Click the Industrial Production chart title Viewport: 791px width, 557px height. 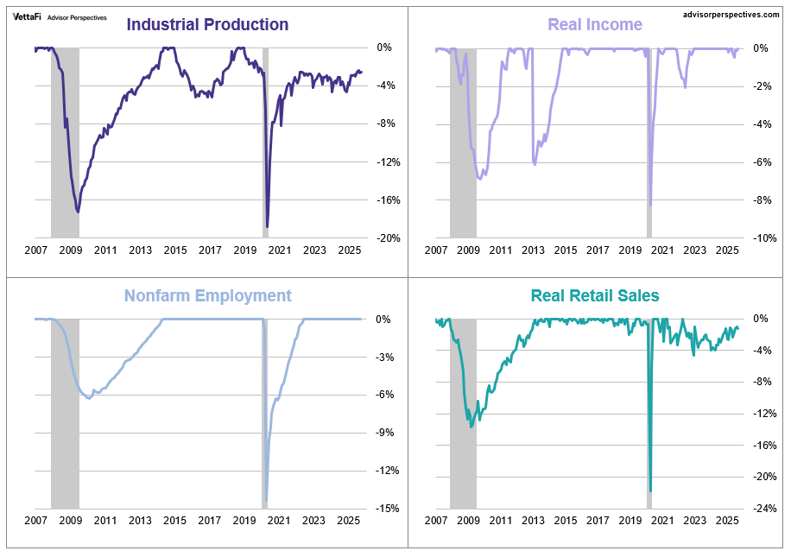pyautogui.click(x=207, y=24)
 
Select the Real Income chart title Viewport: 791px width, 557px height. pyautogui.click(x=595, y=24)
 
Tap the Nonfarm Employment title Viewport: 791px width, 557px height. pyautogui.click(x=207, y=295)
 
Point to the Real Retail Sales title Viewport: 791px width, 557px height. pyautogui.click(x=595, y=295)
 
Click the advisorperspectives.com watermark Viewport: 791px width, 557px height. pyautogui.click(x=731, y=15)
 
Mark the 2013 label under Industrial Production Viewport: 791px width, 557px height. pyautogui.click(x=140, y=250)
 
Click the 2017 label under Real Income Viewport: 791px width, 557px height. pyautogui.click(x=598, y=250)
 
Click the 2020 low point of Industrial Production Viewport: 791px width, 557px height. pyautogui.click(x=268, y=227)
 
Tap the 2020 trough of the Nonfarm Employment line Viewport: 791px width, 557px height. pyautogui.click(x=266, y=499)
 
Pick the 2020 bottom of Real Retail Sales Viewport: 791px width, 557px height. pyautogui.click(x=650, y=491)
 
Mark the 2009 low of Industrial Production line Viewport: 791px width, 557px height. pyautogui.click(x=78, y=212)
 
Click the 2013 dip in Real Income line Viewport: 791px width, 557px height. pyautogui.click(x=535, y=164)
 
